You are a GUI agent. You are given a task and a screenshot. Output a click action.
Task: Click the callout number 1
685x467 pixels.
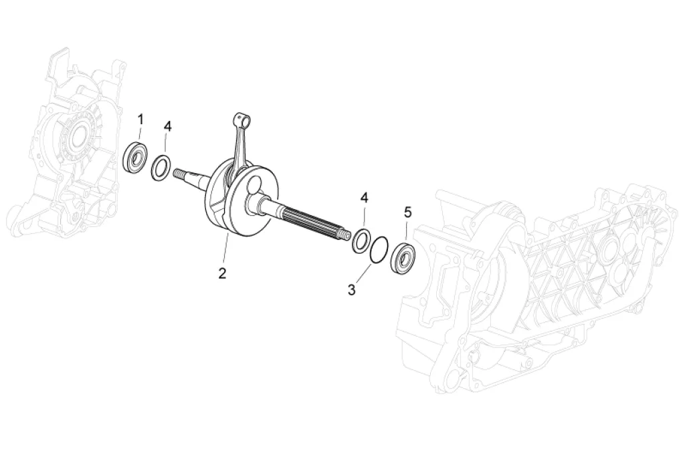pyautogui.click(x=140, y=119)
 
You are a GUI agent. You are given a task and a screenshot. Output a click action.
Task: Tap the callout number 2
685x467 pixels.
pyautogui.click(x=222, y=274)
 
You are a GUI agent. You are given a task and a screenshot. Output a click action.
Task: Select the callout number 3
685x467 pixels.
pyautogui.click(x=352, y=289)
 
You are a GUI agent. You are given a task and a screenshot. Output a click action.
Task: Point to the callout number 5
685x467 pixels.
pyautogui.click(x=407, y=212)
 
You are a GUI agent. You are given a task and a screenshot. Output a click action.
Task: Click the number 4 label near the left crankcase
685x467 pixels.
pyautogui.click(x=168, y=126)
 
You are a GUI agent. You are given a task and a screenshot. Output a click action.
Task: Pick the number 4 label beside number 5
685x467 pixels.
pyautogui.click(x=364, y=198)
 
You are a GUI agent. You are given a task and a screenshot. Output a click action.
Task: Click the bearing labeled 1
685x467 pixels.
pyautogui.click(x=134, y=156)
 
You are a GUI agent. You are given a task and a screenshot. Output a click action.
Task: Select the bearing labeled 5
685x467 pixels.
pyautogui.click(x=402, y=259)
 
